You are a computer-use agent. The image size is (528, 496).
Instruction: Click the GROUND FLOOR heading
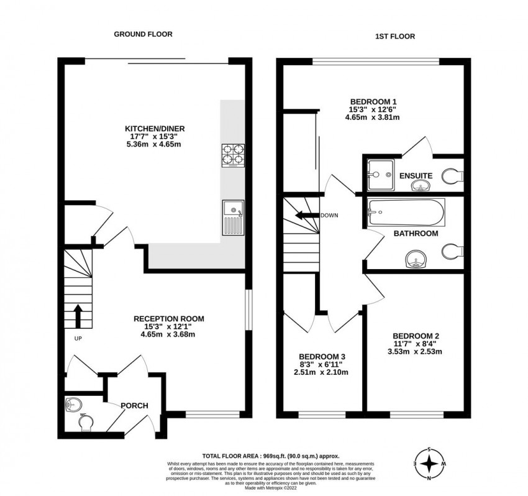click(x=143, y=34)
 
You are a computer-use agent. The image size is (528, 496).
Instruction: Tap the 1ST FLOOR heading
click(x=394, y=37)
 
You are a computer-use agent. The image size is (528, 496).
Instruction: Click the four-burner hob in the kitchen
click(x=232, y=156)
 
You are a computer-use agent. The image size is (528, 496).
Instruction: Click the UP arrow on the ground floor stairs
click(x=79, y=315)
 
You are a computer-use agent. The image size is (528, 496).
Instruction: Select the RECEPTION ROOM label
click(x=168, y=318)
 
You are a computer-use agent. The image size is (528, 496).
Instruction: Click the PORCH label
click(x=134, y=405)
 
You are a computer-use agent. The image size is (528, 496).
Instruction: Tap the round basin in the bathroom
click(x=414, y=259)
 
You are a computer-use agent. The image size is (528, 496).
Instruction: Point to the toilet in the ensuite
click(x=454, y=177)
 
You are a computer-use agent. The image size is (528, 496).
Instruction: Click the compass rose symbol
click(x=428, y=463)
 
